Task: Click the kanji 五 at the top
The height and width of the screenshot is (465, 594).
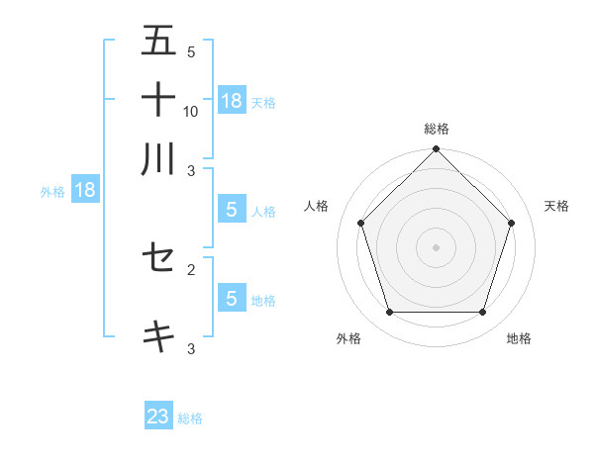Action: point(158,41)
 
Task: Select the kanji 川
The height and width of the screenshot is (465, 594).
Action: point(158,158)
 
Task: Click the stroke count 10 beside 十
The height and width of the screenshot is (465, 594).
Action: point(191,112)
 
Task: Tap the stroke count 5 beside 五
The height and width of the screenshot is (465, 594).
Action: point(191,52)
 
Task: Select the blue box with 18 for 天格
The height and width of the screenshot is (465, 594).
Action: point(232,100)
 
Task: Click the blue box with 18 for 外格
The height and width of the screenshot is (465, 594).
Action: point(85,190)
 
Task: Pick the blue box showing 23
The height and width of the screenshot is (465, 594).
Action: point(158,417)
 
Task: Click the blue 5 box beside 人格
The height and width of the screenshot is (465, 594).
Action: point(232,210)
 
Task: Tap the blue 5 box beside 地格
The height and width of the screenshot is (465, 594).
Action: point(232,298)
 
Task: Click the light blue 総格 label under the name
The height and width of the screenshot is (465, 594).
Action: point(191,418)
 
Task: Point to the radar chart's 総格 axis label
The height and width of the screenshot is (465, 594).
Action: point(437,129)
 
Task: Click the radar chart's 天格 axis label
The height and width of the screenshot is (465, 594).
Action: point(557,206)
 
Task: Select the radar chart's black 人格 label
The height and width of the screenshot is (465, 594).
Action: point(317,206)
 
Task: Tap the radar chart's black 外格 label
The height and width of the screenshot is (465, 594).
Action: point(348,339)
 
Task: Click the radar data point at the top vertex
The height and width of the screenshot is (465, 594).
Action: point(437,150)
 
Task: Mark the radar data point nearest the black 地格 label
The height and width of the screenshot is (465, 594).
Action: point(483,313)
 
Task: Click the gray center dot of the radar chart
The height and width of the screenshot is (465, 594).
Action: point(437,246)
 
